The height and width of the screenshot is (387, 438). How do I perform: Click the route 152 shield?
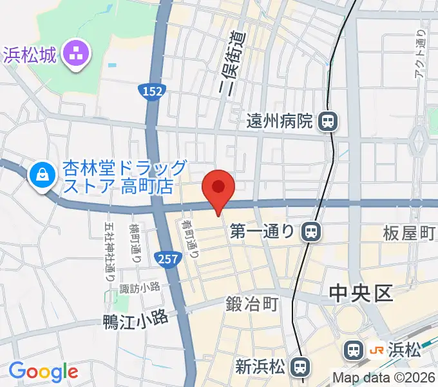pyautogui.click(x=151, y=92)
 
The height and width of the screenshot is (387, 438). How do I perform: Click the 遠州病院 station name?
pyautogui.click(x=283, y=121)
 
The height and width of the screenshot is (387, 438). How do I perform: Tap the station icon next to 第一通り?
pyautogui.click(x=311, y=231)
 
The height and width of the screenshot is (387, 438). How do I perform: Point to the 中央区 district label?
pyautogui.click(x=361, y=294)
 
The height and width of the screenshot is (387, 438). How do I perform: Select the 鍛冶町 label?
pyautogui.click(x=252, y=303)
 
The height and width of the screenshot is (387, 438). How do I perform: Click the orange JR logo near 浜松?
pyautogui.click(x=377, y=350)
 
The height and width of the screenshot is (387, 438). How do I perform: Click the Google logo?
pyautogui.click(x=43, y=372)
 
